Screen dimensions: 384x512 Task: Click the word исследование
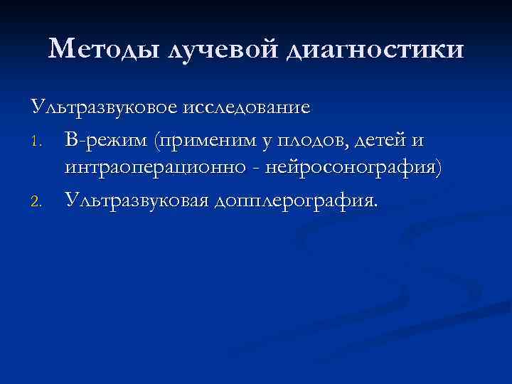click(x=246, y=108)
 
